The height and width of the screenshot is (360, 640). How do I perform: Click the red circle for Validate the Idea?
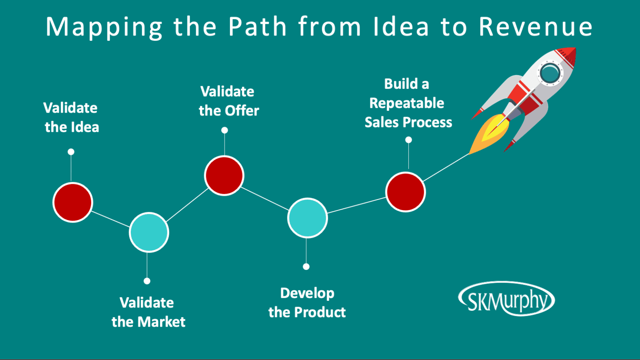(x=72, y=202)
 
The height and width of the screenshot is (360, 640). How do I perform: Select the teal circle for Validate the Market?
(x=149, y=232)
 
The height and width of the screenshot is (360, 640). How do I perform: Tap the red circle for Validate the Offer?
(x=224, y=175)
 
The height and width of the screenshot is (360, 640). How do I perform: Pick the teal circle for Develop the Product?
(x=307, y=218)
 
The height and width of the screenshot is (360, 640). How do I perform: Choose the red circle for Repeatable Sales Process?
(x=405, y=192)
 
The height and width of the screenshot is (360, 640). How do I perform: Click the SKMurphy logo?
(x=506, y=299)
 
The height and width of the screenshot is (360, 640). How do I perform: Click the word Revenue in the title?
(x=536, y=27)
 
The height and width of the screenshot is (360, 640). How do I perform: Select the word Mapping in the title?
(x=104, y=27)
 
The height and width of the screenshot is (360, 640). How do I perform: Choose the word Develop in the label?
(x=307, y=293)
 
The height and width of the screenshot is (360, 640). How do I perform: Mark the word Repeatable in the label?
(x=407, y=103)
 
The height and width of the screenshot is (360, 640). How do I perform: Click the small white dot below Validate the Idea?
(x=71, y=152)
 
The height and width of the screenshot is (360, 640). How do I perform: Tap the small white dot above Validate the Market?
(x=147, y=281)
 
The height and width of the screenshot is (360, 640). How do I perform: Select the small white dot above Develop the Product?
(x=306, y=267)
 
